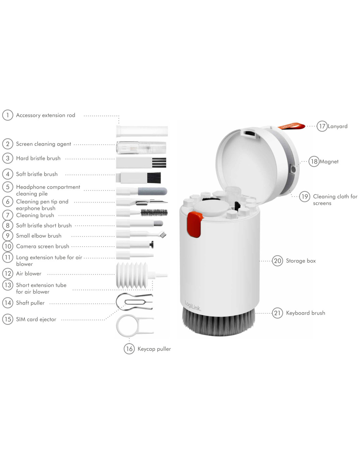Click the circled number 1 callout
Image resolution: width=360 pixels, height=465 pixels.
(x=8, y=115)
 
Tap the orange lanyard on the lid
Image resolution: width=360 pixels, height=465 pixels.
(x=292, y=126)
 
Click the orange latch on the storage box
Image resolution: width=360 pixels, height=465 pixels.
(x=194, y=225)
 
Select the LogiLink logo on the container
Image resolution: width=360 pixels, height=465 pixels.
(x=192, y=306)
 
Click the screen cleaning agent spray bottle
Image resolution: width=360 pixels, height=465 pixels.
(x=141, y=147)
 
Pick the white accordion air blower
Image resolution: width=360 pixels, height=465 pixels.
(x=132, y=275)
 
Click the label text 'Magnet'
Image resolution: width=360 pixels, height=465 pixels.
(x=329, y=162)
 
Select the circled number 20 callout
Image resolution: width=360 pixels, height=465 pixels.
(x=277, y=261)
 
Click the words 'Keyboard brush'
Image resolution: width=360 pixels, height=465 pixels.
(x=306, y=313)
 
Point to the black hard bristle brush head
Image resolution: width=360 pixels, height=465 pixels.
(x=159, y=163)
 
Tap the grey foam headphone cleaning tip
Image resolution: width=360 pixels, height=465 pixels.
(x=153, y=191)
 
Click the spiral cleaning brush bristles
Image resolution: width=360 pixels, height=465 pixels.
(x=154, y=213)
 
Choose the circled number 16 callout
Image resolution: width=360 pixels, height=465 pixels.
(x=129, y=349)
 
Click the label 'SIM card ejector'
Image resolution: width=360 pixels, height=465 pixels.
(x=36, y=319)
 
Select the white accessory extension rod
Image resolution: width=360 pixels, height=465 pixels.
(x=142, y=131)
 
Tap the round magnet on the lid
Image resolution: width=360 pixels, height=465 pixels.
(x=293, y=169)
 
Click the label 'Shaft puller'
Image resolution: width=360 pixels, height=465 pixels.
(x=30, y=303)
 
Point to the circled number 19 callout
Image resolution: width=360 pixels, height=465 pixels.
(x=305, y=197)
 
